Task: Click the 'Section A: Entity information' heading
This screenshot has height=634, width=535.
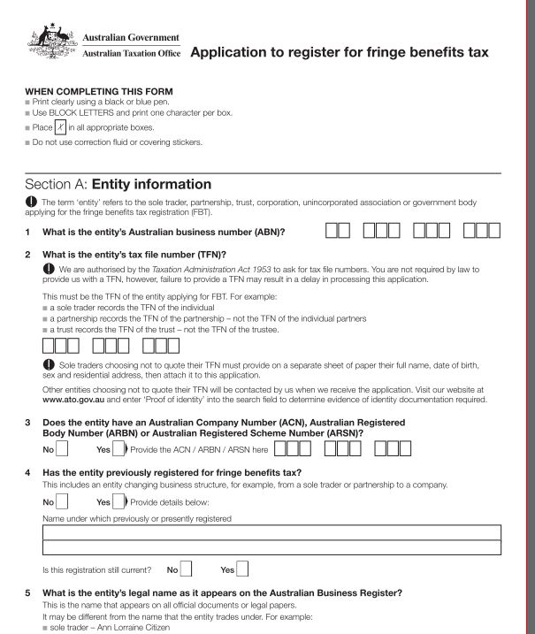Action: (x=118, y=185)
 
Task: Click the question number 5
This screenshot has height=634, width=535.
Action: (x=28, y=592)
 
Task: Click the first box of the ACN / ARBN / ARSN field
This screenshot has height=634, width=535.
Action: (x=282, y=448)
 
